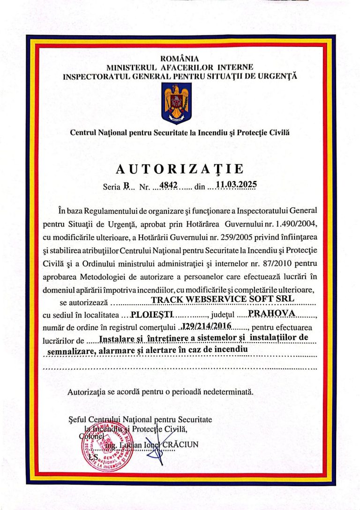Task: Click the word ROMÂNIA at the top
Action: [180, 59]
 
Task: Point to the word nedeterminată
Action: [226, 390]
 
